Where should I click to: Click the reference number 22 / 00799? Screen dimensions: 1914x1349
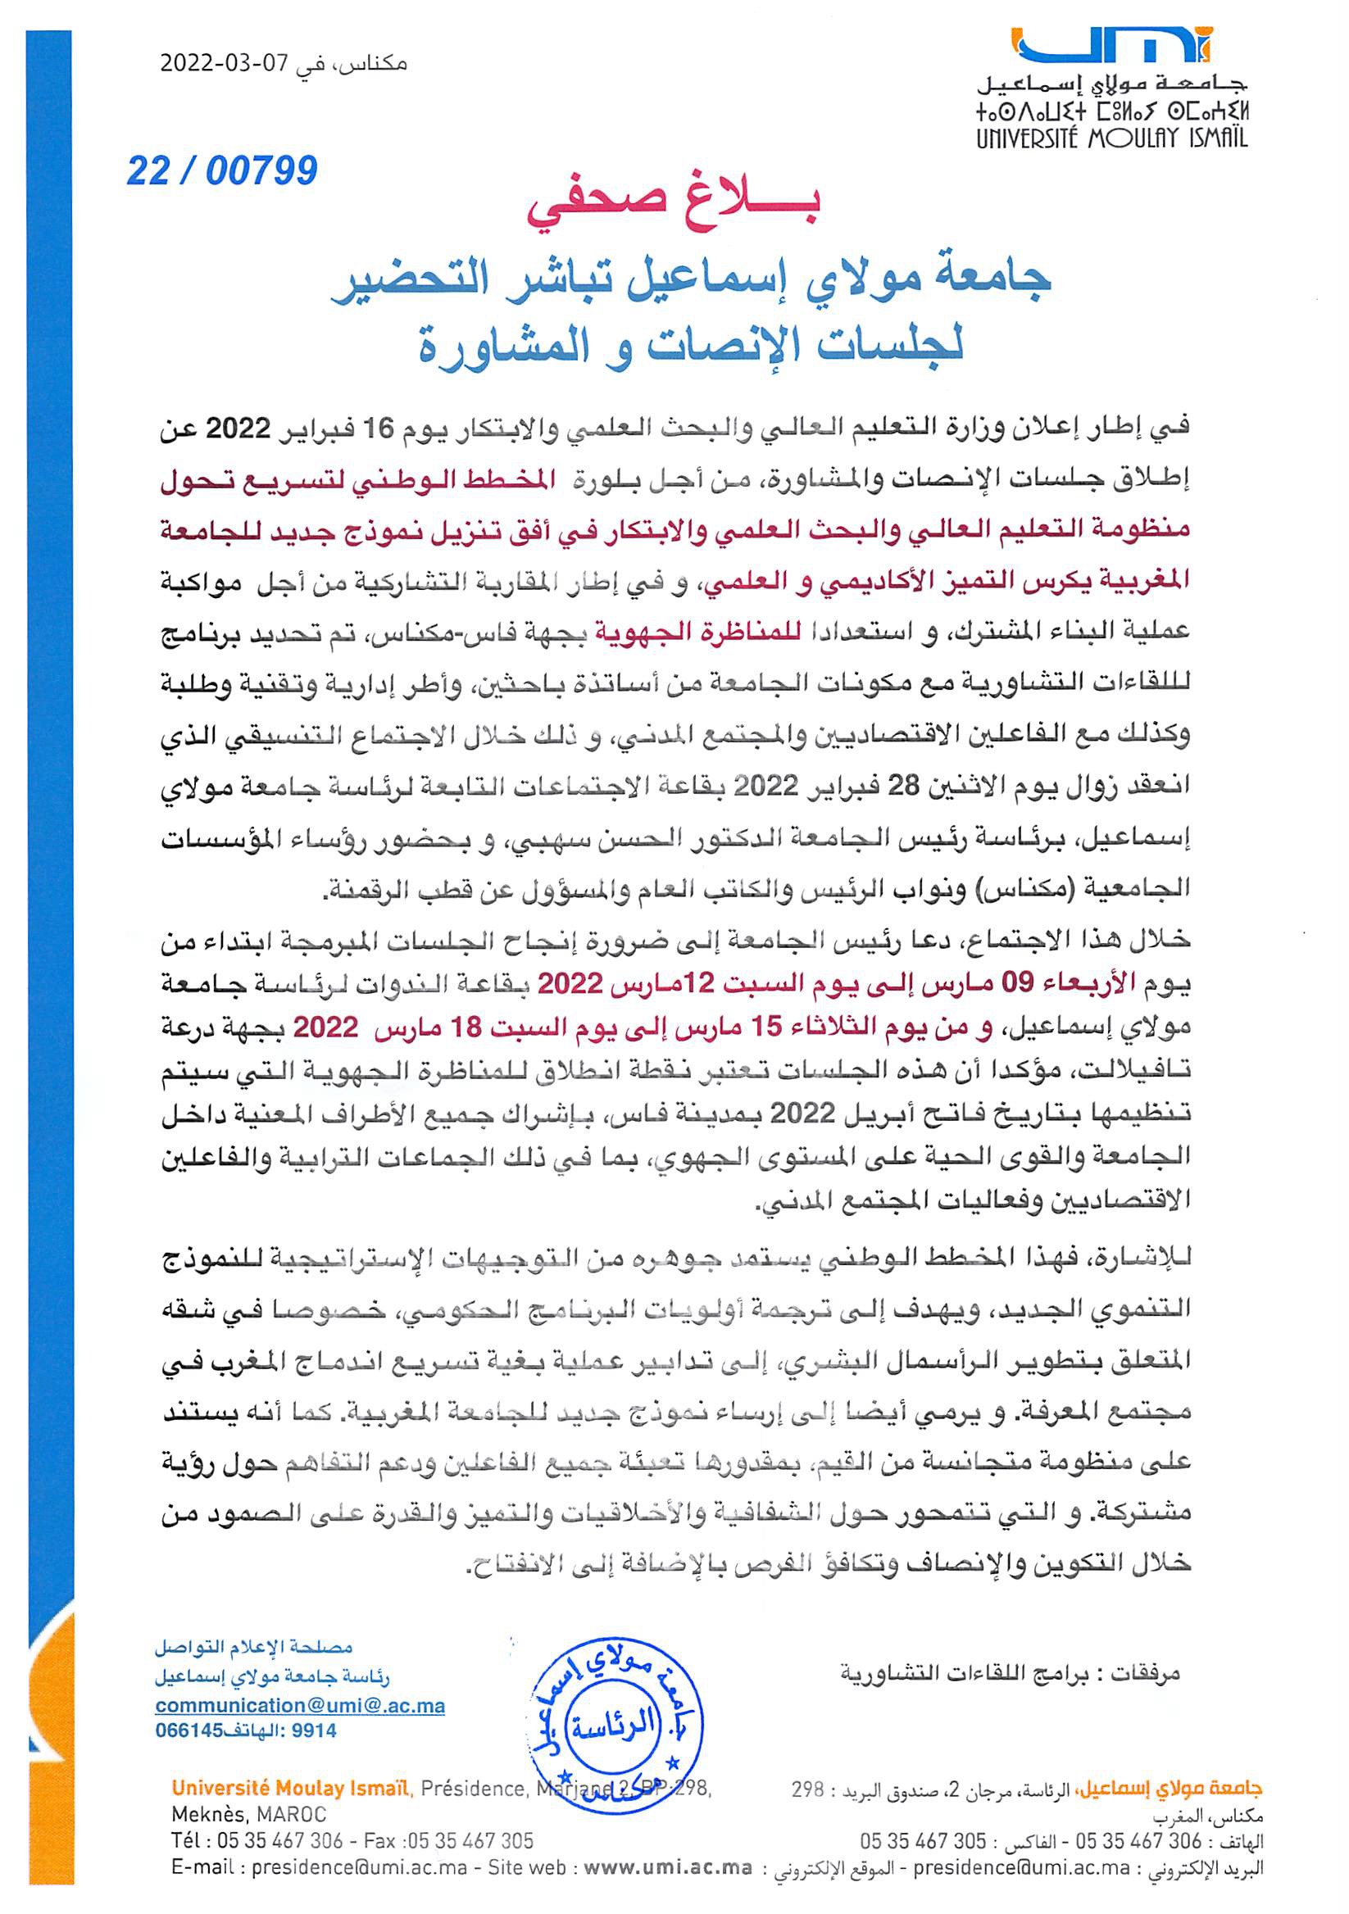[222, 171]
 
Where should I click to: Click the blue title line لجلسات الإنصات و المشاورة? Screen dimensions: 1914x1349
[689, 342]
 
